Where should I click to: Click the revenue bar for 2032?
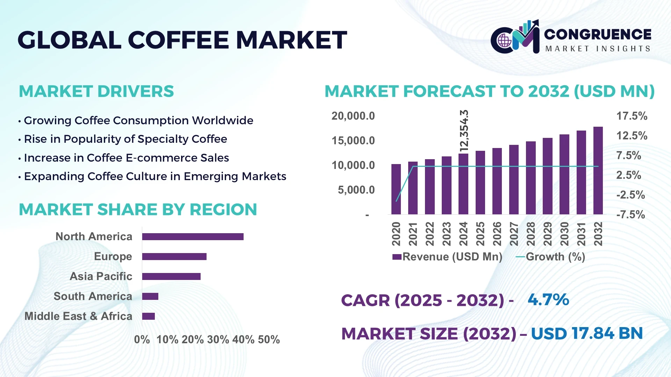pyautogui.click(x=598, y=170)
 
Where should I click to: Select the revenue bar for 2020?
pyautogui.click(x=396, y=189)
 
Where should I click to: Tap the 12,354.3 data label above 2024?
pyautogui.click(x=464, y=131)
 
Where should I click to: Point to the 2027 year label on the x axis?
pyautogui.click(x=514, y=234)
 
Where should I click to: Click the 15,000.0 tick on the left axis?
pyautogui.click(x=353, y=141)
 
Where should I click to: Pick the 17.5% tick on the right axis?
pyautogui.click(x=632, y=116)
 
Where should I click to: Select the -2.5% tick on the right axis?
pyautogui.click(x=630, y=195)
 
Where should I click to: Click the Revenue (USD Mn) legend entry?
pyautogui.click(x=447, y=257)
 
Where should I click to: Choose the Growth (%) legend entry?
pyautogui.click(x=550, y=257)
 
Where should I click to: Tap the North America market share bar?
pyautogui.click(x=193, y=237)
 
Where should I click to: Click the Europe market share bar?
pyautogui.click(x=174, y=257)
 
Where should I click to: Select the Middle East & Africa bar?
pyautogui.click(x=149, y=316)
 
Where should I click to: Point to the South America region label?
pyautogui.click(x=93, y=296)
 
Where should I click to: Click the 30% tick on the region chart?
pyautogui.click(x=218, y=340)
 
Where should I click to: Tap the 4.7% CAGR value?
pyautogui.click(x=548, y=300)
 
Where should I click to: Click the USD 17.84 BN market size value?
pyautogui.click(x=587, y=333)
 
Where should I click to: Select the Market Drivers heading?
pyautogui.click(x=96, y=91)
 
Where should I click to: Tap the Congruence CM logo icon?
pyautogui.click(x=515, y=37)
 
